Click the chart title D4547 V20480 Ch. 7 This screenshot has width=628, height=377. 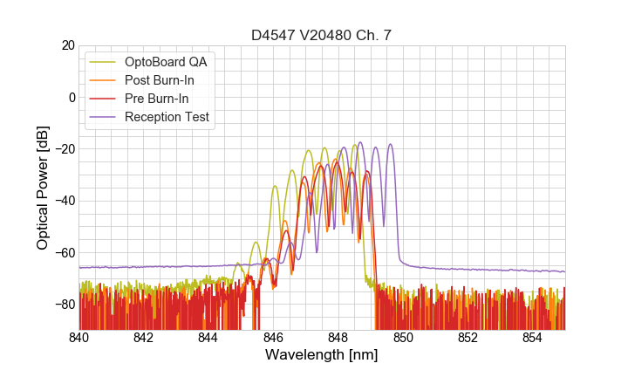pyautogui.click(x=321, y=35)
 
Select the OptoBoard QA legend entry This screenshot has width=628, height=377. pyautogui.click(x=166, y=62)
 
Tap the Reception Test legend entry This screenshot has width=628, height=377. pyautogui.click(x=167, y=117)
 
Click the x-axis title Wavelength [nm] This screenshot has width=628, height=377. pyautogui.click(x=321, y=355)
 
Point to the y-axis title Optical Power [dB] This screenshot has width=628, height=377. pyautogui.click(x=42, y=187)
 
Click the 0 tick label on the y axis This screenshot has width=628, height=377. pyautogui.click(x=71, y=97)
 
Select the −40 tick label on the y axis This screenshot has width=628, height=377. pyautogui.click(x=64, y=201)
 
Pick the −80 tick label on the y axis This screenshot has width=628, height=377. pyautogui.click(x=64, y=304)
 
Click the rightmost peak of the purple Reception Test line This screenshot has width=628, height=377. pyautogui.click(x=390, y=145)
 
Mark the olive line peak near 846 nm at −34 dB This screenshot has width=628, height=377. pyautogui.click(x=275, y=186)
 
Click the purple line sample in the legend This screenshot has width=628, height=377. pyautogui.click(x=104, y=117)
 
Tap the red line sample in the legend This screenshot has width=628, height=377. pyautogui.click(x=104, y=99)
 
